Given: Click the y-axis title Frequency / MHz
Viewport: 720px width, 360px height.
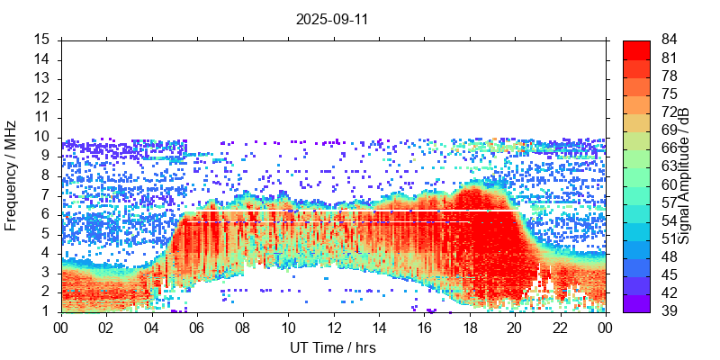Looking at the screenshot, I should click(x=11, y=175).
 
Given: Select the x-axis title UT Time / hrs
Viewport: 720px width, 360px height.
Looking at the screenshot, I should click(x=332, y=347).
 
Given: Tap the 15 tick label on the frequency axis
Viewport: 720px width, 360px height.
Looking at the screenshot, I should click(x=41, y=40).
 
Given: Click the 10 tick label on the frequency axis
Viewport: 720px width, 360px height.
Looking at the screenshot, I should click(x=41, y=137).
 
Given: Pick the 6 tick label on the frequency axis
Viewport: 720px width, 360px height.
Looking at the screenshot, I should click(x=45, y=214).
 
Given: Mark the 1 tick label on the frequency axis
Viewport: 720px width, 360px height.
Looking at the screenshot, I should click(x=45, y=311).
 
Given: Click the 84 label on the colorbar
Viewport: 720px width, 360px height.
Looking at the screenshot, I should click(x=670, y=40).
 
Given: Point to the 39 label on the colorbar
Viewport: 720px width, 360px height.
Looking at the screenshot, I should click(x=670, y=311).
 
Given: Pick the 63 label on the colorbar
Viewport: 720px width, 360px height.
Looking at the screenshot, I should click(x=670, y=166).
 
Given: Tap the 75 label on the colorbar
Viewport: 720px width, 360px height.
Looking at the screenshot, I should click(x=670, y=94).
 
